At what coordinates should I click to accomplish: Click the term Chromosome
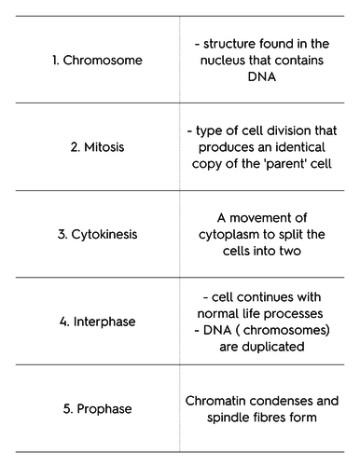(103, 60)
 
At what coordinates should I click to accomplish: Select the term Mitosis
(104, 147)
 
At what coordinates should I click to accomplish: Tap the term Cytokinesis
(104, 235)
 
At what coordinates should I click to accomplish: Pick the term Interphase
(104, 322)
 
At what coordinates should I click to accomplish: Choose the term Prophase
(104, 409)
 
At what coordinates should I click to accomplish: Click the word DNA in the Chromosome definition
(262, 76)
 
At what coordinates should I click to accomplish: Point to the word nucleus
(223, 61)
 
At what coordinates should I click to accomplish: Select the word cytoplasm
(233, 235)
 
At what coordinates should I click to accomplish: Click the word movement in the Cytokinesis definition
(269, 218)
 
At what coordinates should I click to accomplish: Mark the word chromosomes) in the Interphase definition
(286, 330)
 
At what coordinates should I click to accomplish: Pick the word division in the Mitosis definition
(289, 130)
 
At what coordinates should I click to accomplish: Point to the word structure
(229, 44)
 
